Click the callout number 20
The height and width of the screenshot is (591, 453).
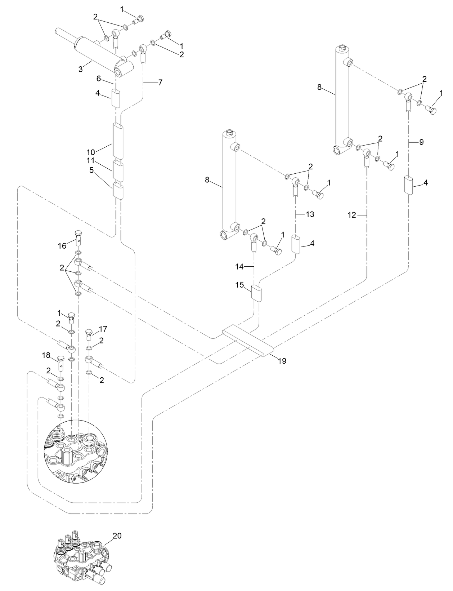(117, 536)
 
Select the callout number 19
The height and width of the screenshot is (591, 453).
(282, 361)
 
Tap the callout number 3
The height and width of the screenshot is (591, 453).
(81, 69)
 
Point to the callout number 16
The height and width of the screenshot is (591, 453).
(62, 246)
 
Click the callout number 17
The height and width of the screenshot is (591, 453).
(103, 329)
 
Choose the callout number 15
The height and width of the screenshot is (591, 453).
(239, 285)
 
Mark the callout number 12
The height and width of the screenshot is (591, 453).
(352, 215)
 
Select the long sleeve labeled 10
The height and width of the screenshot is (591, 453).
(118, 141)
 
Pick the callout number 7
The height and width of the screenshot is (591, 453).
(160, 83)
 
